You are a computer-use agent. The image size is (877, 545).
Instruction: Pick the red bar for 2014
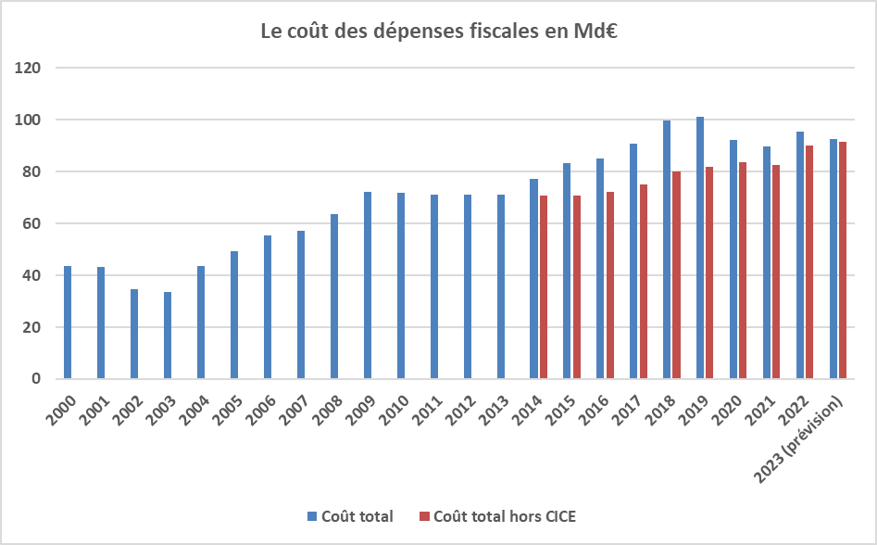tap(544, 287)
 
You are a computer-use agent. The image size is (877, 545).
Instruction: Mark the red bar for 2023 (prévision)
tap(843, 260)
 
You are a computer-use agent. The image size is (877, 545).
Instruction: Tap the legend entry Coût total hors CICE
tap(504, 516)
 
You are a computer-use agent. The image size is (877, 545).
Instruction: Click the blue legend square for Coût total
tap(313, 516)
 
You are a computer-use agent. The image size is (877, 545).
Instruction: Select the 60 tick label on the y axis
tap(33, 223)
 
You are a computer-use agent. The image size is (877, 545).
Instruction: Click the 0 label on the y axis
tap(38, 378)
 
